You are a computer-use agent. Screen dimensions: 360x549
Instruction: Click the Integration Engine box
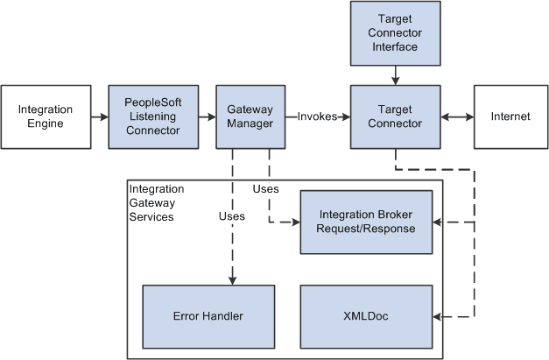tap(46, 116)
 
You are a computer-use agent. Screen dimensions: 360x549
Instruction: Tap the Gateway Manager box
tap(250, 116)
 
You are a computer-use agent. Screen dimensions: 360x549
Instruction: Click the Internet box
tap(510, 116)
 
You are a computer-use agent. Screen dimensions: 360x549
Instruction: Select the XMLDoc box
tap(366, 316)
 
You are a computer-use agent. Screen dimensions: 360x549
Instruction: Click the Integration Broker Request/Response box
tap(366, 222)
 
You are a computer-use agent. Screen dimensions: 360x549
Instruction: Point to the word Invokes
tap(317, 116)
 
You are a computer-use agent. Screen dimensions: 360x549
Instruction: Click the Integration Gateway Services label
tap(157, 202)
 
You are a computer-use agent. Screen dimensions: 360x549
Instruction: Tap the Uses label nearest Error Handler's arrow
tap(231, 215)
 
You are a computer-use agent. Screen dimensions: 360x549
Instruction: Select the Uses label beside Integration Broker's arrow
tap(265, 189)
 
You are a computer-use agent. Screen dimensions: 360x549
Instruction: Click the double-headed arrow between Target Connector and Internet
tap(456, 116)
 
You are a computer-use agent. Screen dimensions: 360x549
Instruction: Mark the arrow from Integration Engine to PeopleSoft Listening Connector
tap(100, 116)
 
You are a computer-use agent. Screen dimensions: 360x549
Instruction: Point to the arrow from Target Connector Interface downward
tap(395, 79)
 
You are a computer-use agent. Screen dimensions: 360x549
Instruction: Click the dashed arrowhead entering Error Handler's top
tap(232, 280)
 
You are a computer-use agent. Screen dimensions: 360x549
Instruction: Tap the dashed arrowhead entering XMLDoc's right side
tap(438, 316)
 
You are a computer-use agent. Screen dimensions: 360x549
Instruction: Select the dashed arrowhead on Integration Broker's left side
tap(295, 222)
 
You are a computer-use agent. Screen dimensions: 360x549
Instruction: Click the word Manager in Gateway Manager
tap(250, 124)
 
